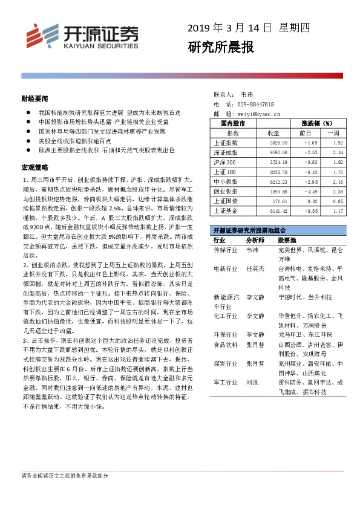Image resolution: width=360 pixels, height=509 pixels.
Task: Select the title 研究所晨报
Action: tap(220, 47)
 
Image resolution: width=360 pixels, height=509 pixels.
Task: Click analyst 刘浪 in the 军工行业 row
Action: tap(252, 383)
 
